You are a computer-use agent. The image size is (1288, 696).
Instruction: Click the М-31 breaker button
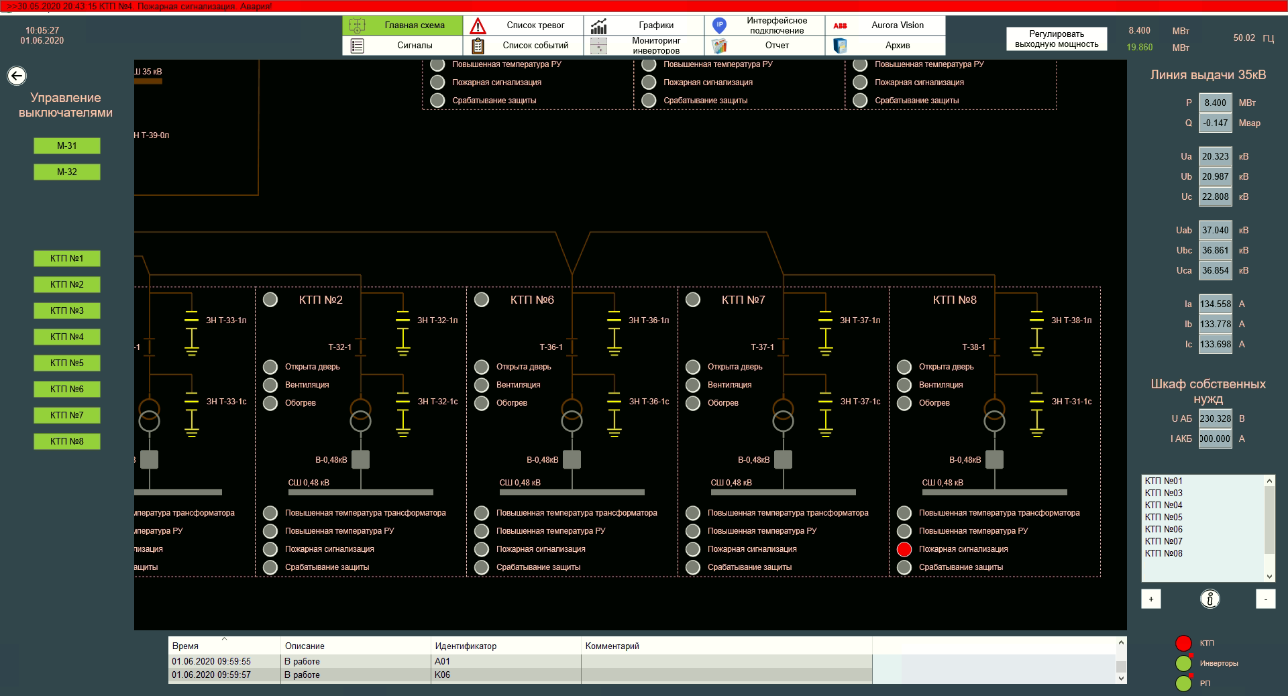pyautogui.click(x=66, y=146)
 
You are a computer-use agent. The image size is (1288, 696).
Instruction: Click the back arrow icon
pyautogui.click(x=17, y=76)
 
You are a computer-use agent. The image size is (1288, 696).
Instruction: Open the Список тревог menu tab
pyautogui.click(x=523, y=25)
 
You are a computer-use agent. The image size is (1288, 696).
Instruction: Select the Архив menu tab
pyautogui.click(x=885, y=46)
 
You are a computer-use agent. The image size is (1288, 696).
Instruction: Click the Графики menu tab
pyautogui.click(x=643, y=25)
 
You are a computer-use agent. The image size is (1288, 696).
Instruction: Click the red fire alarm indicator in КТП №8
pyautogui.click(x=904, y=549)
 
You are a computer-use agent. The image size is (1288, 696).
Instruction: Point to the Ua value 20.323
pyautogui.click(x=1215, y=156)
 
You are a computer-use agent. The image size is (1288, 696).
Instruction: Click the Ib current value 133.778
pyautogui.click(x=1215, y=324)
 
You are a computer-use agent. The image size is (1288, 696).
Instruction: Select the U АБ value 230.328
pyautogui.click(x=1215, y=418)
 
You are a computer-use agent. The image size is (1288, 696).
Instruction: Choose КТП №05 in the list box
pyautogui.click(x=1164, y=517)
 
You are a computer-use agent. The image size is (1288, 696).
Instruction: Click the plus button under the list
pyautogui.click(x=1151, y=599)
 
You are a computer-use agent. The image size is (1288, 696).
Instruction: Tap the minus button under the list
pyautogui.click(x=1265, y=599)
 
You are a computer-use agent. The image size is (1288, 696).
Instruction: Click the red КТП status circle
pyautogui.click(x=1183, y=643)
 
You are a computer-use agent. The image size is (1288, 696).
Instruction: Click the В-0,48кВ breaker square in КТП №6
pyautogui.click(x=572, y=459)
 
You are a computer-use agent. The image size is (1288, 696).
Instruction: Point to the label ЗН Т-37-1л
pyautogui.click(x=860, y=321)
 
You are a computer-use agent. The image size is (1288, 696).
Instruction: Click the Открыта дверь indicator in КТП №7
pyautogui.click(x=693, y=367)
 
